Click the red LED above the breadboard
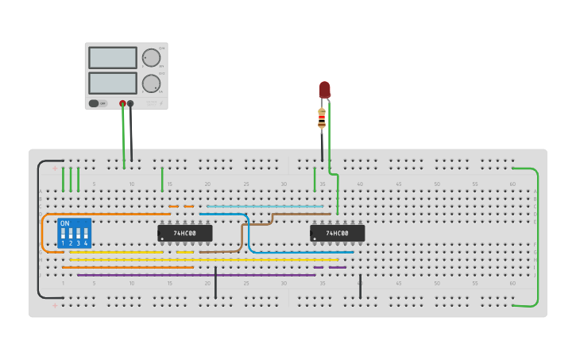[x=324, y=89]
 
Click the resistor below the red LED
[x=322, y=118]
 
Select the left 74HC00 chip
[x=184, y=233]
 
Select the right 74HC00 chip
[x=337, y=233]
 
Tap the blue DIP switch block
[x=75, y=234]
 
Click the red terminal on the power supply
[x=122, y=103]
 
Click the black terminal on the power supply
[x=130, y=103]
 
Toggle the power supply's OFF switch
[x=94, y=103]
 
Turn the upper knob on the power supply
[x=150, y=58]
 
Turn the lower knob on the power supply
[x=150, y=83]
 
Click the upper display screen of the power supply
[x=113, y=57]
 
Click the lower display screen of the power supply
[x=113, y=83]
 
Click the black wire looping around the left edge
[x=37, y=230]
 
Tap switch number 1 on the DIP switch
[x=63, y=235]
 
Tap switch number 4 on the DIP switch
[x=86, y=235]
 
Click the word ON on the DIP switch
[x=64, y=223]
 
